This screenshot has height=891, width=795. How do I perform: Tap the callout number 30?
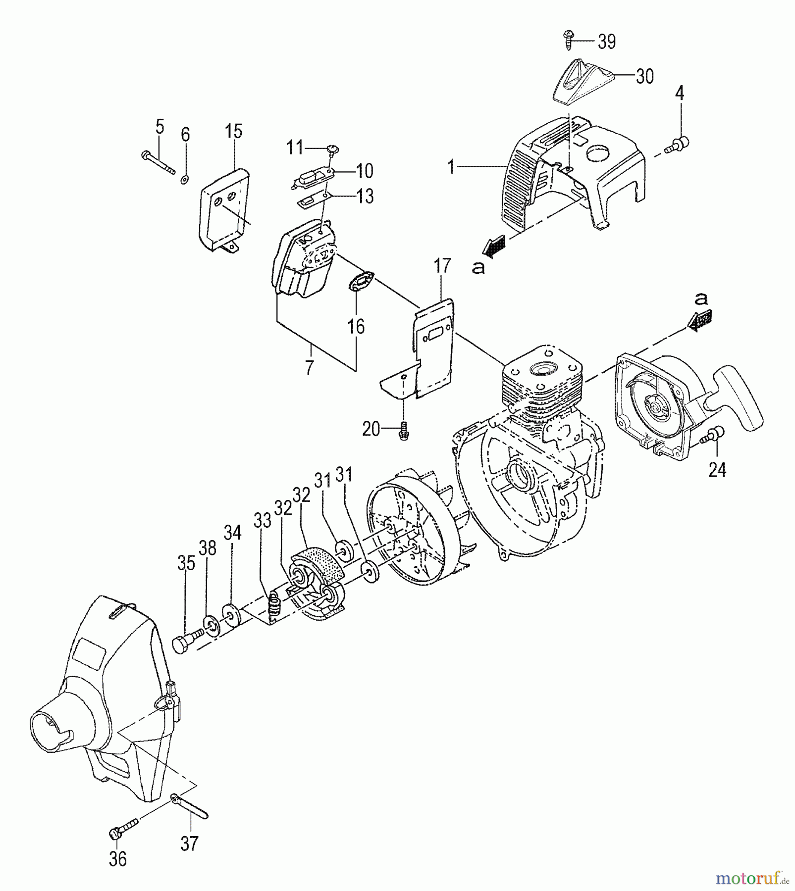[644, 76]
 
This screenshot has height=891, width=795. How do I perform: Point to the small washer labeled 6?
[184, 179]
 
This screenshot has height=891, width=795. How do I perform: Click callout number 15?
[233, 132]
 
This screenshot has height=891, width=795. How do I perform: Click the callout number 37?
[189, 842]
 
